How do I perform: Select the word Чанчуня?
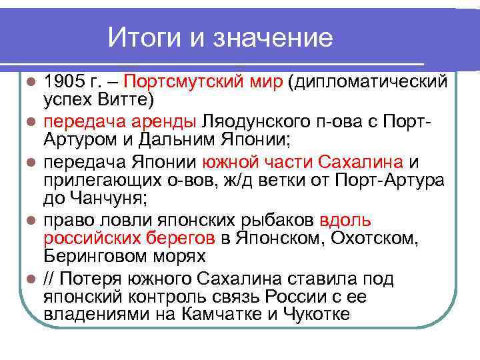tap(124, 197)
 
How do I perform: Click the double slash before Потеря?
tap(50, 279)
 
